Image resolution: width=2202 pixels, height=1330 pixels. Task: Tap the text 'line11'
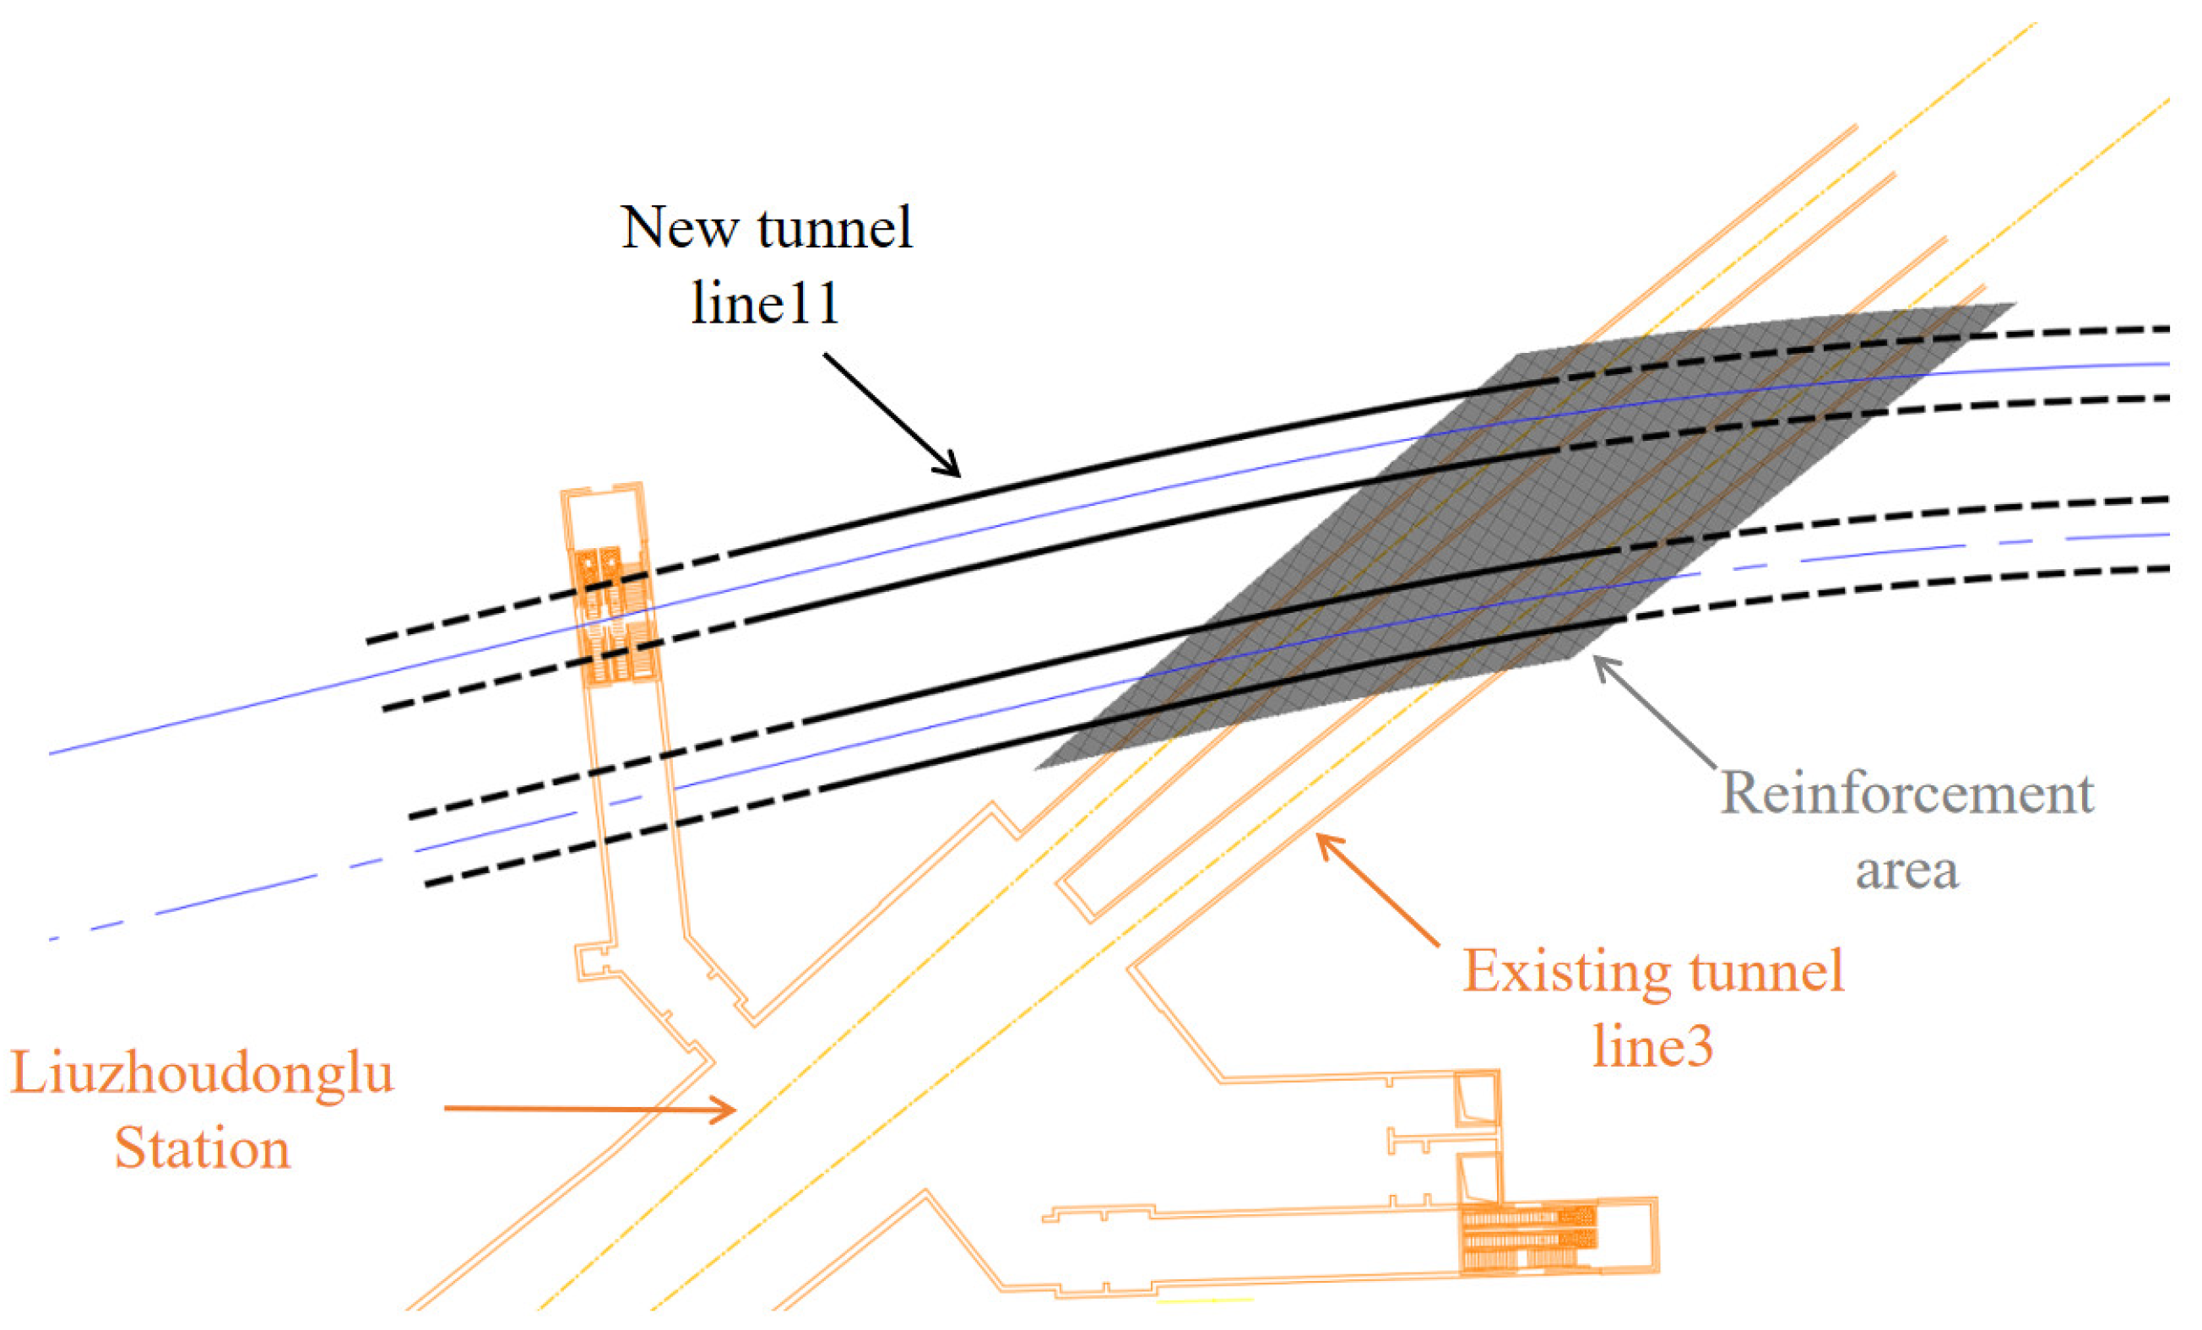coord(766,303)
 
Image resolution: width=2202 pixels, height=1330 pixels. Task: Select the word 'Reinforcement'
coord(1907,793)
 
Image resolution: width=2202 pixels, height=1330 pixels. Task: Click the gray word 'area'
coord(1907,870)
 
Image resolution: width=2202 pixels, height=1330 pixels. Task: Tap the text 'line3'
coord(1653,1045)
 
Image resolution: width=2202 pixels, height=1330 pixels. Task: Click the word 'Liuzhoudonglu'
coord(202,1072)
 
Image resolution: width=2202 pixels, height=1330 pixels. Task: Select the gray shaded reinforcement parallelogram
coord(1519,536)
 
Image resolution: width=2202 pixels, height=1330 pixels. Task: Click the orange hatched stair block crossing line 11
coord(615,616)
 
